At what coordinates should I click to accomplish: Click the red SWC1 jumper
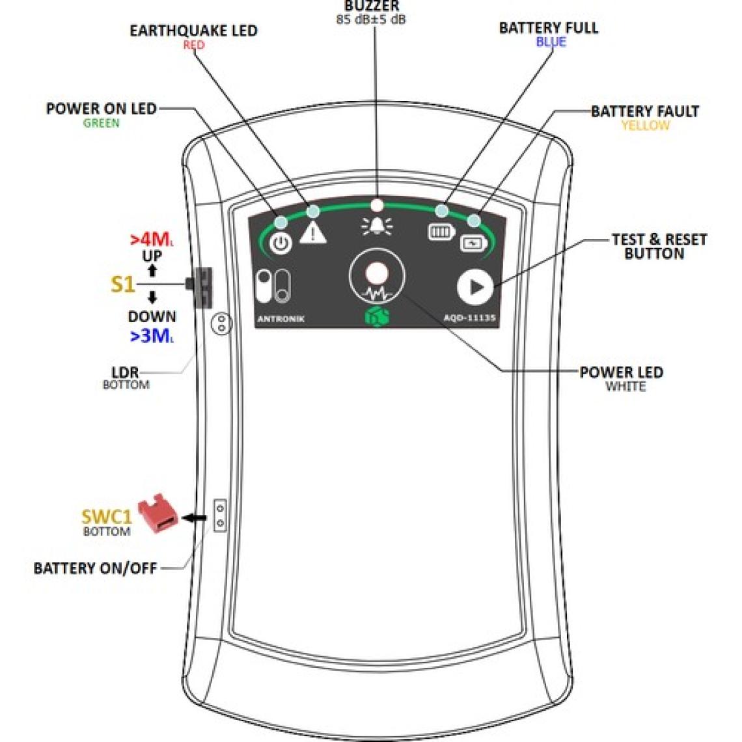coord(158,513)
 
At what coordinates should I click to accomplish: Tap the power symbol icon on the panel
coord(281,243)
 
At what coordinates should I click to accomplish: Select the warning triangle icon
coord(313,232)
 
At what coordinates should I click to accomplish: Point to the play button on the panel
coord(474,287)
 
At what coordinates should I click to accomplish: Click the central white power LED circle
coord(376,273)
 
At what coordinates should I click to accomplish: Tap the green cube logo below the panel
coord(377,317)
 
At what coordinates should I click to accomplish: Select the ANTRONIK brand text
coord(281,319)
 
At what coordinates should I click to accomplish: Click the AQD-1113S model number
coord(470,319)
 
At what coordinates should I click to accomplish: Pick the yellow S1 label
coord(122,284)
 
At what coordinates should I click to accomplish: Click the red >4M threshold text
coord(152,240)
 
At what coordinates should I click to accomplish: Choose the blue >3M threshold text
coord(152,336)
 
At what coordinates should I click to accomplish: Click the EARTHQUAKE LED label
coord(193,31)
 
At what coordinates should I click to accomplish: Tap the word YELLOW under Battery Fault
coord(644,125)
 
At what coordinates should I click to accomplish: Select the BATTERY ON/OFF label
coord(95,568)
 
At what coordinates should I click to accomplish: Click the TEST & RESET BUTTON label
coord(658,247)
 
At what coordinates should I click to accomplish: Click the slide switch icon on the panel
coord(273,286)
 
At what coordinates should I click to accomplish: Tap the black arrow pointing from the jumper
coord(195,517)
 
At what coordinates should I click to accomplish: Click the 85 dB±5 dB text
coord(371,20)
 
